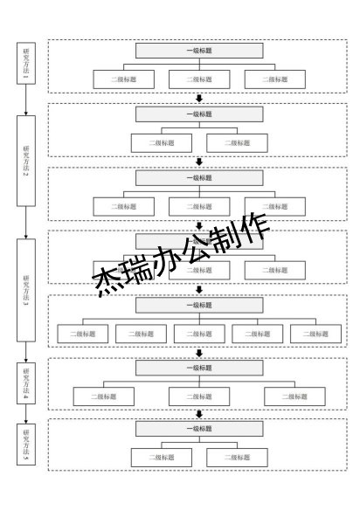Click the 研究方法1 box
[x=25, y=63]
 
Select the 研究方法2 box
[x=25, y=162]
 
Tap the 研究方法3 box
[x=25, y=290]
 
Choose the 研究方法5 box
[x=25, y=445]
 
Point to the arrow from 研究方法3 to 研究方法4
[x=25, y=353]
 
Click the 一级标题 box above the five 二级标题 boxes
[x=199, y=306]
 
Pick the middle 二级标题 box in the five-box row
[x=199, y=333]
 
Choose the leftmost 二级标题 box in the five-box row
[x=83, y=333]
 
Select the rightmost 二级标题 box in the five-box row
[x=315, y=333]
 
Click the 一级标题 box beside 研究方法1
[x=199, y=51]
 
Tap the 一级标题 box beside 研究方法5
[x=199, y=430]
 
